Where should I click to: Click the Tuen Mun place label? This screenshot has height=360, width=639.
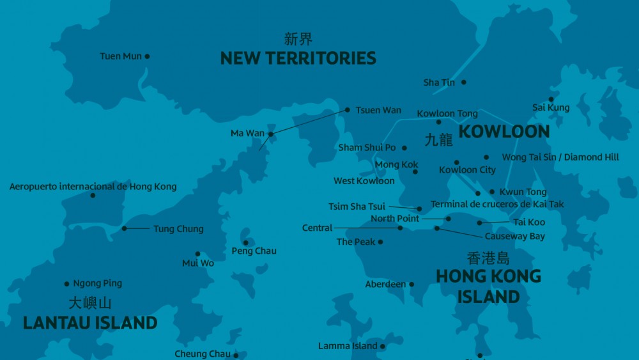click(120, 56)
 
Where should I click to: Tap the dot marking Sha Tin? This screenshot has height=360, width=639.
click(464, 82)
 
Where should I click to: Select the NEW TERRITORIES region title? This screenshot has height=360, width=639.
click(298, 58)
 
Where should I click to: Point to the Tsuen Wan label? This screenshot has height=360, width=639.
click(378, 110)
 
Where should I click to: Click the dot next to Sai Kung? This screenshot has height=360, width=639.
click(551, 98)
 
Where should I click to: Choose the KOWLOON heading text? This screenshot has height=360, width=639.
click(504, 132)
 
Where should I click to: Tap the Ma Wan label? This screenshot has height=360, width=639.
click(247, 134)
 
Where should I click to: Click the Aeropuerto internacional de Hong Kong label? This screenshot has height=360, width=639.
click(93, 187)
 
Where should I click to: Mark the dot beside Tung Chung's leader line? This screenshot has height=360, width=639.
click(125, 228)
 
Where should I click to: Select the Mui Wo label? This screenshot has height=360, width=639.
click(198, 263)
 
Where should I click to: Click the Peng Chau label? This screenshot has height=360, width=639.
click(254, 251)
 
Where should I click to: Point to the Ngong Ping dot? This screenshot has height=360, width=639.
click(67, 284)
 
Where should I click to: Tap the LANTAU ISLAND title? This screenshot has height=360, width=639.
click(90, 323)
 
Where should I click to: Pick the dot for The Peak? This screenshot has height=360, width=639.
click(380, 242)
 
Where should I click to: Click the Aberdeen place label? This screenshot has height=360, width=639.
click(385, 284)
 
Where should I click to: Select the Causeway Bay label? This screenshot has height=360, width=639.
click(514, 237)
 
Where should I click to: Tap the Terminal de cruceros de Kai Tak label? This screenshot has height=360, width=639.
click(497, 205)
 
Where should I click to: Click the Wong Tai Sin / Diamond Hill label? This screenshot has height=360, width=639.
click(560, 157)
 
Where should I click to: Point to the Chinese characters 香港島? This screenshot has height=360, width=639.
click(488, 258)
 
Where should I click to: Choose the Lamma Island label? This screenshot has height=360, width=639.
click(348, 346)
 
